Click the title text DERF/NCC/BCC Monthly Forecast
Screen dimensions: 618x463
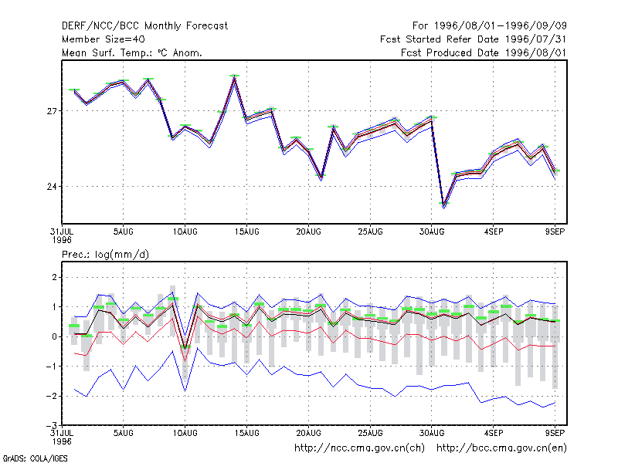pos(144,26)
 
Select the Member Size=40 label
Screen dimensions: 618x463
pos(104,39)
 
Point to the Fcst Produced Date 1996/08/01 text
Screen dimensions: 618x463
pos(484,52)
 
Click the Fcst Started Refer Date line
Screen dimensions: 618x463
pos(473,39)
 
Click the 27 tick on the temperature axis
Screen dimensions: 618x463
pos(52,111)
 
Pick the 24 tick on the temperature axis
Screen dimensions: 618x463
pos(52,186)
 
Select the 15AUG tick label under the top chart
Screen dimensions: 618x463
pos(246,231)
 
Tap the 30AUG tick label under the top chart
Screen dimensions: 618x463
pos(432,231)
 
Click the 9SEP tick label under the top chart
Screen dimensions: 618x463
pos(555,231)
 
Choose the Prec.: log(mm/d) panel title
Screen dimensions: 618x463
pos(105,255)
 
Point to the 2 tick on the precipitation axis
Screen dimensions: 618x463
pos(54,277)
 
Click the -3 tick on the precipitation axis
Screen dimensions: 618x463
pos(52,426)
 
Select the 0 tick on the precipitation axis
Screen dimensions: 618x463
pos(54,336)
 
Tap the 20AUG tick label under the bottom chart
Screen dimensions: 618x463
pos(308,433)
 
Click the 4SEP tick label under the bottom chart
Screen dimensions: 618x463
pos(494,433)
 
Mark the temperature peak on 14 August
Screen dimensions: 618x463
pos(235,76)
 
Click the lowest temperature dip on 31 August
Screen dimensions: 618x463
pos(444,205)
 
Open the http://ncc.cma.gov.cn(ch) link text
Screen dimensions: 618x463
pos(359,448)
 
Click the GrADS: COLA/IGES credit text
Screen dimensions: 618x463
pos(35,458)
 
